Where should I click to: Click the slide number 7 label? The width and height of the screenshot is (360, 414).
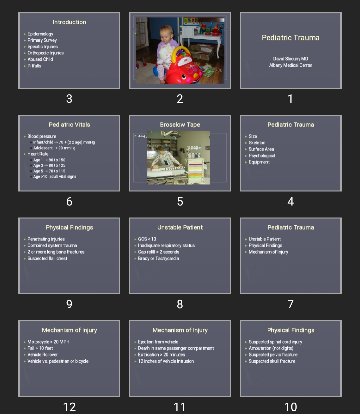point(290,304)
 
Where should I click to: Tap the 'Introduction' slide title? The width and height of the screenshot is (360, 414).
point(69,22)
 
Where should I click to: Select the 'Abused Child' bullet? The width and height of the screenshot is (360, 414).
point(40,59)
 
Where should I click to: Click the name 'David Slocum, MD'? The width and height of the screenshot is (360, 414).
point(291,59)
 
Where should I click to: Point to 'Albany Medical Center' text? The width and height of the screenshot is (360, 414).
point(291,65)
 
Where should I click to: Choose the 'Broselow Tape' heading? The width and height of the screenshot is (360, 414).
point(180,125)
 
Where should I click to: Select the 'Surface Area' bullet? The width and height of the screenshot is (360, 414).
point(261,149)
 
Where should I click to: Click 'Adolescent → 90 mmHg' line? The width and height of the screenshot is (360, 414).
point(54,148)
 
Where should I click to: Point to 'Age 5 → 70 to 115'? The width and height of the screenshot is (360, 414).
point(49,171)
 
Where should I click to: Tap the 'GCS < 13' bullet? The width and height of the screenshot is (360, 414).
point(147,239)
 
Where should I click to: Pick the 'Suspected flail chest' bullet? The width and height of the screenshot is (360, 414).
point(47,259)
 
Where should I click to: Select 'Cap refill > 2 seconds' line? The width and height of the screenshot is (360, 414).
point(159,252)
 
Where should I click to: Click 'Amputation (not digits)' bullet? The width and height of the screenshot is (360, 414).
point(271,348)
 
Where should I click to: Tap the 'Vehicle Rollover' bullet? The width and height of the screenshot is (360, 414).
point(43,355)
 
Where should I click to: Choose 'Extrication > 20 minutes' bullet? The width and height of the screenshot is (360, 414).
point(161,355)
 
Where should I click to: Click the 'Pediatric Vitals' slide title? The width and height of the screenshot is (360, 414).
point(69,125)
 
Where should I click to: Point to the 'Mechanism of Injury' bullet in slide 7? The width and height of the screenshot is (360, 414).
point(268,252)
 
